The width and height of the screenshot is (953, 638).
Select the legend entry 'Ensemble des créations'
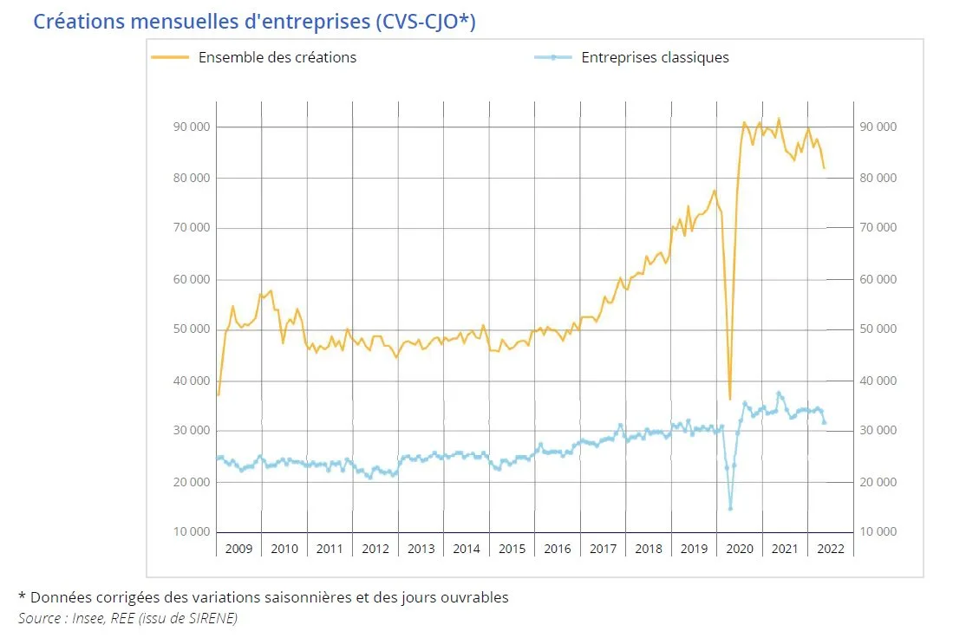point(277,58)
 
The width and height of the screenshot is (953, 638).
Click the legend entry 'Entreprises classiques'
point(655,58)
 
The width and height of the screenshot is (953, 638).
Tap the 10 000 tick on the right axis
point(877,532)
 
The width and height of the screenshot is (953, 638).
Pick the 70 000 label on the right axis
point(877,229)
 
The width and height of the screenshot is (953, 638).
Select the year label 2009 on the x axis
point(238,549)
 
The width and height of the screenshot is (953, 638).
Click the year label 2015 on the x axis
point(512,549)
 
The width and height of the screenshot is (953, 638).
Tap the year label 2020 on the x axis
point(740,549)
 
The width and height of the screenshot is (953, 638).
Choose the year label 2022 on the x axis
point(830,549)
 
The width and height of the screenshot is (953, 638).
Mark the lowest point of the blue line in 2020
point(730,508)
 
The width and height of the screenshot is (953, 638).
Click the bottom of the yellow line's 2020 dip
point(729,400)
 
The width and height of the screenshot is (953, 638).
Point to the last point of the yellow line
point(825,168)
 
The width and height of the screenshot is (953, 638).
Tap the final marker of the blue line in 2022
point(825,423)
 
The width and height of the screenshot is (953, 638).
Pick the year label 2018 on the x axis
point(649,549)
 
